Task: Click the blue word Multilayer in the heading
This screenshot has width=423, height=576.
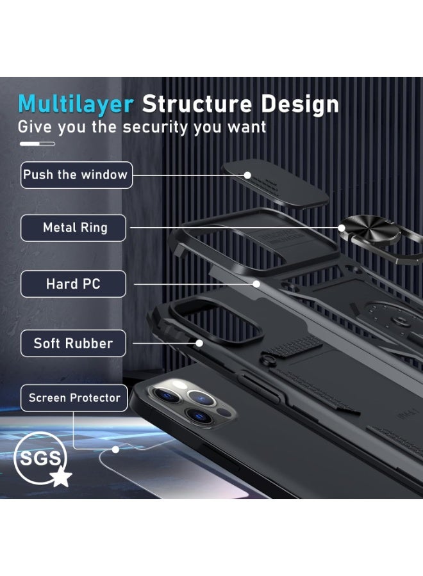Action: pos(76,105)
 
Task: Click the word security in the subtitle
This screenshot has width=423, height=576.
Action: pos(155,127)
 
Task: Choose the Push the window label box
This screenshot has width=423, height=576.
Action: pos(76,175)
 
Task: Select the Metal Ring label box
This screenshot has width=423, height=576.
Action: pos(73,228)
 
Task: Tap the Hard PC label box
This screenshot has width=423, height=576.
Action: pos(73,284)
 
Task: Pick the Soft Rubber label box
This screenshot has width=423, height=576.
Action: pos(73,344)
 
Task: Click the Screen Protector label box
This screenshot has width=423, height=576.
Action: pos(74,398)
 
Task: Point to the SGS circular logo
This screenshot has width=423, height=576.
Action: pos(40,458)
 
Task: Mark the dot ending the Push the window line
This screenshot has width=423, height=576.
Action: pos(247,175)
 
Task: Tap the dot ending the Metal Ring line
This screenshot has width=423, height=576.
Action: pos(342,228)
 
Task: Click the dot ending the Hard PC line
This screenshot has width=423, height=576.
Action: pos(256,284)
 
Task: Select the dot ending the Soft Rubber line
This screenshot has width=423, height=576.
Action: pos(199,343)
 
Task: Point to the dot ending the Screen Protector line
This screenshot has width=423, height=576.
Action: pos(115,449)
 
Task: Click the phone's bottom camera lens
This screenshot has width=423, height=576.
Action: pos(199,415)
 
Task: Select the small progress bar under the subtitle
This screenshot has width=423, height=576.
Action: pos(37,144)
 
